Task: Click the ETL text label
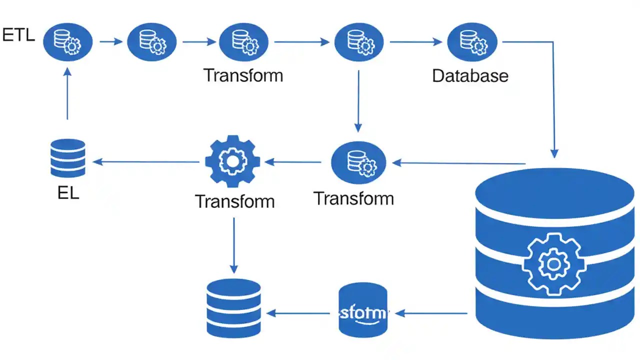coord(18,35)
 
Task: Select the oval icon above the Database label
coord(471,42)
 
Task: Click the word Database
coord(470,76)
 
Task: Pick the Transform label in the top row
coord(243,75)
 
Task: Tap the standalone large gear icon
coord(232,161)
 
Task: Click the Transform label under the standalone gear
coord(235,201)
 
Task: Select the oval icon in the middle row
coord(358,162)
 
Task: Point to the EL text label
coord(68,193)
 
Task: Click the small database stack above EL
coord(68,157)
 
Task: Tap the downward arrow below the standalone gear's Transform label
coord(233,245)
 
